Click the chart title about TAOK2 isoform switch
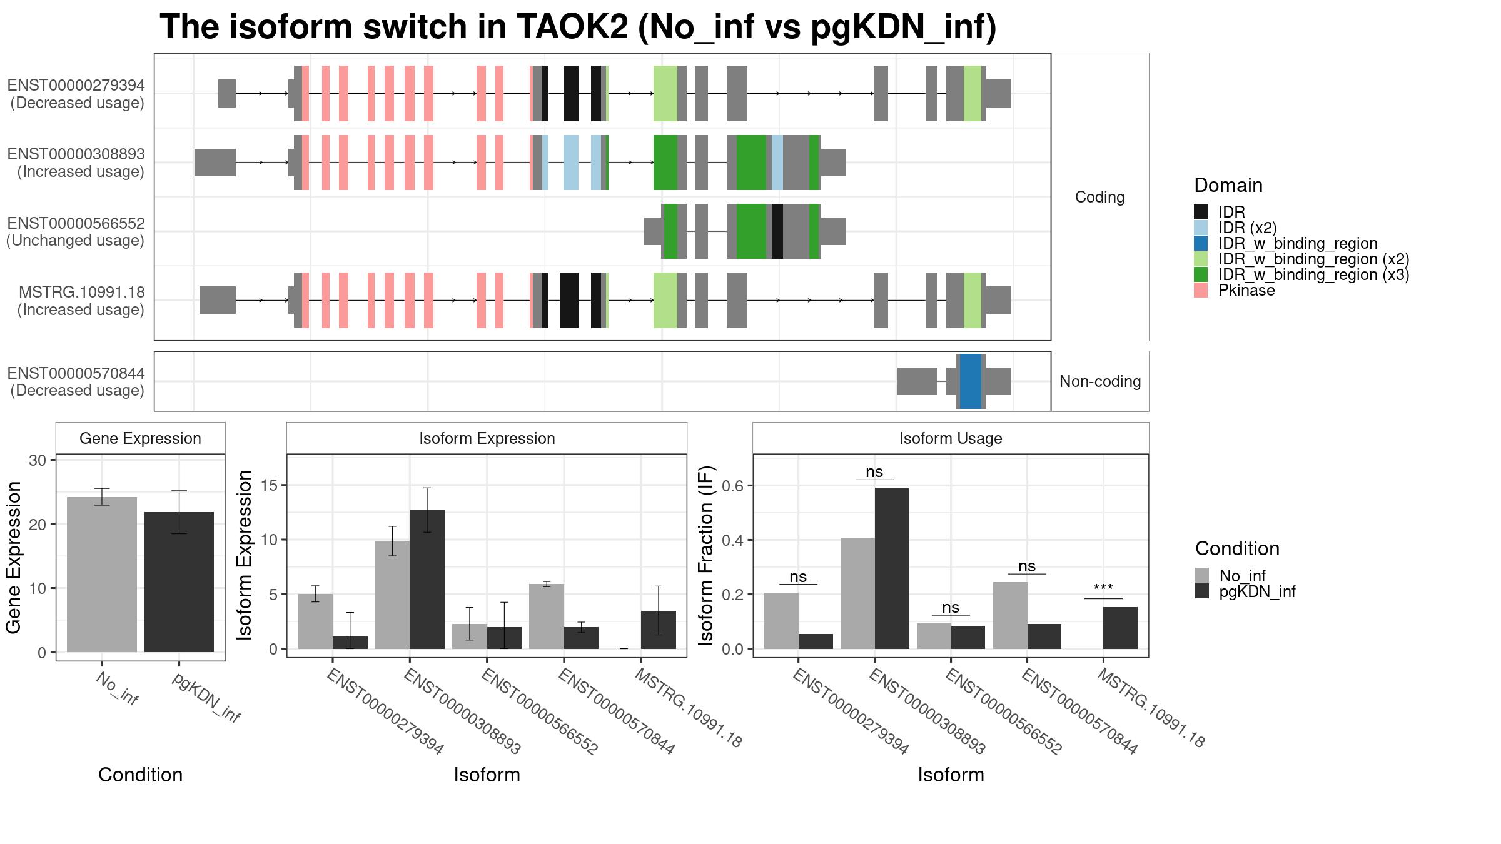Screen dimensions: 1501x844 (x=578, y=27)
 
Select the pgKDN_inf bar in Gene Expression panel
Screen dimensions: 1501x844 (x=179, y=582)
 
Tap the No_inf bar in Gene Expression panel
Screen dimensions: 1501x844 (x=102, y=575)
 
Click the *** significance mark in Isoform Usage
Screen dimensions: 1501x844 (x=1103, y=588)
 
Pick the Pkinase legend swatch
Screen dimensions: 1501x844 (x=1201, y=290)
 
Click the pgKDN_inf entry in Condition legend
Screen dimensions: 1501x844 (x=1245, y=591)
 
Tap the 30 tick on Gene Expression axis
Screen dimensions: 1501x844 (x=38, y=460)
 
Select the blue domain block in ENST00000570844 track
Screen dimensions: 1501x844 (x=971, y=381)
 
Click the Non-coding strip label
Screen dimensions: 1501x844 (x=1100, y=381)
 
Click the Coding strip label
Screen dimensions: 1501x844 (x=1100, y=197)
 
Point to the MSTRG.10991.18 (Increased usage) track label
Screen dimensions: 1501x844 (x=81, y=301)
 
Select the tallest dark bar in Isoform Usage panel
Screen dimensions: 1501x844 (x=892, y=568)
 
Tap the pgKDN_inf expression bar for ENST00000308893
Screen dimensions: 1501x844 (x=427, y=580)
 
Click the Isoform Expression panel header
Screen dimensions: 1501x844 (x=487, y=438)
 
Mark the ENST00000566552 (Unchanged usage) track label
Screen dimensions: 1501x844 (x=76, y=232)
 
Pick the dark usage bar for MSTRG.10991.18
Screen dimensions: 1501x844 (x=1120, y=628)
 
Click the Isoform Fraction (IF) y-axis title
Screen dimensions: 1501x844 (x=706, y=555)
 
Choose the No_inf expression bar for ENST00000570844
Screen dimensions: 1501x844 (x=547, y=616)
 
